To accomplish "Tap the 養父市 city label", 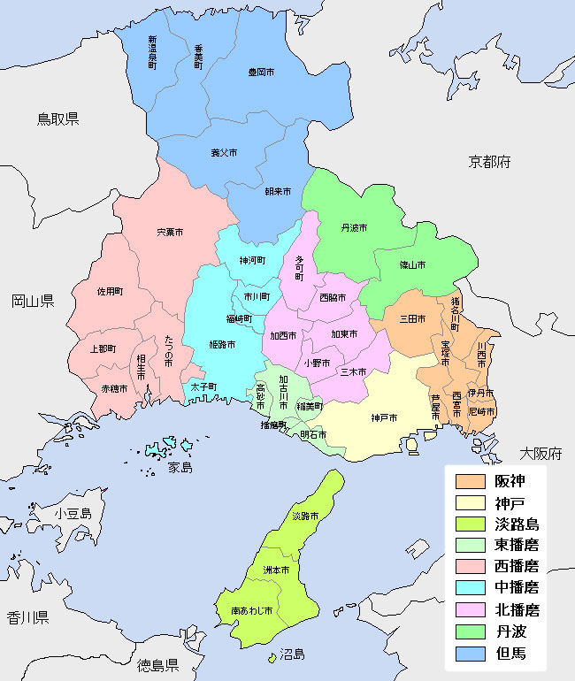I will pos(223,152).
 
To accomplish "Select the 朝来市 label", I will pos(277,191).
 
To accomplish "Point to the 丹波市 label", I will pos(354,227).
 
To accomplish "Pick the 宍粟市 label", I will pos(170,233).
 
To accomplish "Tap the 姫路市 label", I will pos(222,344).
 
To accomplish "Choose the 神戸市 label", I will pos(384,417).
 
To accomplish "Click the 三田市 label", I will pos(412,318).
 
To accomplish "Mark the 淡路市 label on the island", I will pos(304,516).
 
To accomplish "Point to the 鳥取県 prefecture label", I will pos(57,119).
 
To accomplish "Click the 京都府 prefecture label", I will pos(490,162).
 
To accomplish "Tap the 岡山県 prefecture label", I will pos(33,302).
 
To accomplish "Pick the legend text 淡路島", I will pos(517,524).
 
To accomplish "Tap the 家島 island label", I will pos(180,467).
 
